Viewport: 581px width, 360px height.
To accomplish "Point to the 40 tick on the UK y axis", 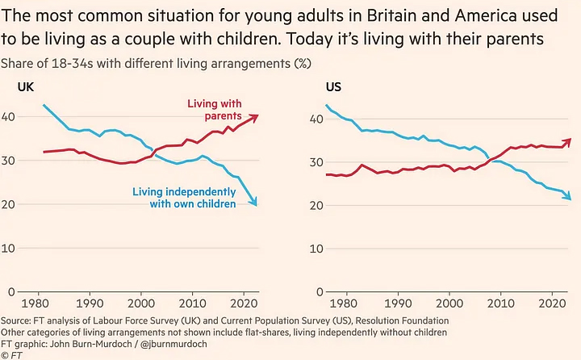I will click(11, 118).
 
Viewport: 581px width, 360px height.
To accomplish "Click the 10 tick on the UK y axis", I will click(11, 248).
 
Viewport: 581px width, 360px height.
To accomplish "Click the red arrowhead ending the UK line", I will click(255, 116).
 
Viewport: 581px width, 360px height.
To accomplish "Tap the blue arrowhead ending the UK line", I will click(255, 203).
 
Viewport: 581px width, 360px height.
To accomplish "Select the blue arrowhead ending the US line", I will click(569, 197).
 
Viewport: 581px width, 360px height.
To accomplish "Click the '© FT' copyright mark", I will click(11, 355).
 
